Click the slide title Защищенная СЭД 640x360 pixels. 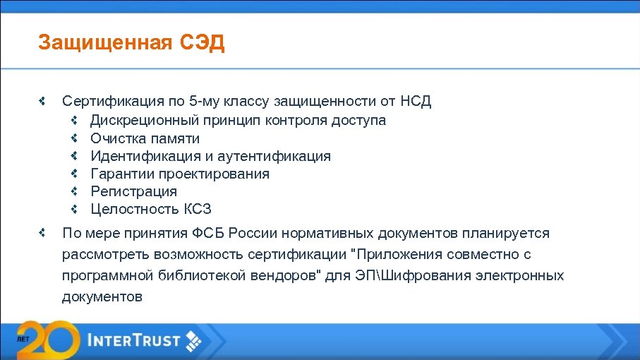click(131, 43)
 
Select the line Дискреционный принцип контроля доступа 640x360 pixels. click(238, 120)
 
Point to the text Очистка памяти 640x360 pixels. click(145, 138)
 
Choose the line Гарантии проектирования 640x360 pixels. click(179, 174)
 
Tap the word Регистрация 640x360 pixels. click(133, 191)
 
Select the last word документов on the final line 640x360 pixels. click(102, 296)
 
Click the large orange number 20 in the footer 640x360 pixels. click(47, 340)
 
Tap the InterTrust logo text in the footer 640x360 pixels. click(134, 341)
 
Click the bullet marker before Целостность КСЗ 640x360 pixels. click(73, 209)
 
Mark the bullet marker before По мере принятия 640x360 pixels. click(42, 232)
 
